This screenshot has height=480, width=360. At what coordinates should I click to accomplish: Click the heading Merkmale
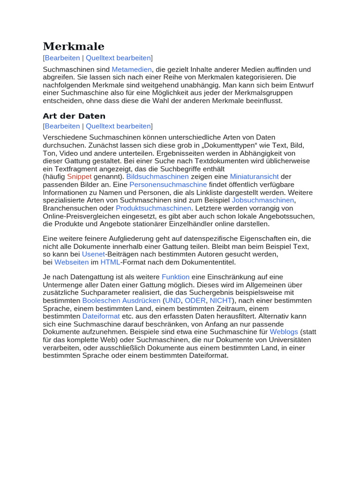pos(74,46)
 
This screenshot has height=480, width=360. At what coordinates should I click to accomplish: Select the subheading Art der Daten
pos(74,116)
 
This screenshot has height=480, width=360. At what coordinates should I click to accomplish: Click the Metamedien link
pos(132,69)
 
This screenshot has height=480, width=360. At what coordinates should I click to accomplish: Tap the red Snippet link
pos(79,177)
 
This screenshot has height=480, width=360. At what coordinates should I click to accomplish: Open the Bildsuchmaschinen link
pos(157,177)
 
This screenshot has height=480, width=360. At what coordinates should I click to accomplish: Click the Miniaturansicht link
pos(254,177)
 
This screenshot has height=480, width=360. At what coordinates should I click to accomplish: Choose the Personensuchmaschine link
pos(168,185)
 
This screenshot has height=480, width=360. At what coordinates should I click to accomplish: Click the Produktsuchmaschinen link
pos(154,208)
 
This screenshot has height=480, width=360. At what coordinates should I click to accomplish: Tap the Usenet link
pos(93,254)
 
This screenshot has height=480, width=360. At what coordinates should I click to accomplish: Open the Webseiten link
pos(71,262)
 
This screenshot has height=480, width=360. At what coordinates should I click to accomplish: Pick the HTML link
pos(110,262)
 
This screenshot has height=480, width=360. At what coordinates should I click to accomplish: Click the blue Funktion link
pos(176,277)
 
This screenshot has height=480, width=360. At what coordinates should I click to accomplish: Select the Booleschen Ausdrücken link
pos(121,300)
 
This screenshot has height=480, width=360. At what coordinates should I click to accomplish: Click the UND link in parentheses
pos(173,300)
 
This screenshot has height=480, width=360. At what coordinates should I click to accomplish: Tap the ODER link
pos(195,300)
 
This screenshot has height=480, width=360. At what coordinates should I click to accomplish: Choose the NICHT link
pos(221,300)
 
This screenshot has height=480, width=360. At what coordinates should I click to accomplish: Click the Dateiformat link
pos(101,316)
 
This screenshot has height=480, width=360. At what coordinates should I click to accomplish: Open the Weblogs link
pos(284,332)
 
